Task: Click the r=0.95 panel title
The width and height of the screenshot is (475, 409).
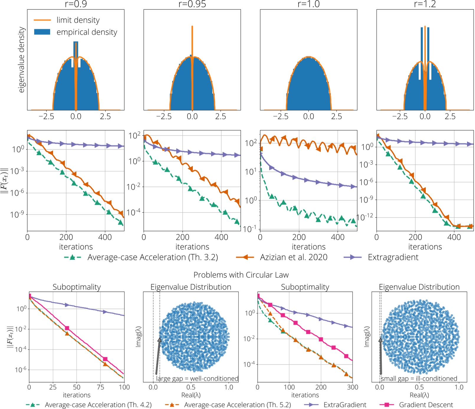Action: pos(192,4)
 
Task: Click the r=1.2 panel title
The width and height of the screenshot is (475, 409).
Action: pos(425,4)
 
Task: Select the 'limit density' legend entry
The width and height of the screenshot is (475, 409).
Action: pos(78,20)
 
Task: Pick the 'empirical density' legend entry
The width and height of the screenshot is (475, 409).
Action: pos(87,32)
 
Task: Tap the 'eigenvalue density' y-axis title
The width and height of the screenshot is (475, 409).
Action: pos(21,60)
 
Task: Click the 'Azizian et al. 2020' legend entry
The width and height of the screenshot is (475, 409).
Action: pos(293,257)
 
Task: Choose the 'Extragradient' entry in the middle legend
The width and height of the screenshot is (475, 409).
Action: pos(393,257)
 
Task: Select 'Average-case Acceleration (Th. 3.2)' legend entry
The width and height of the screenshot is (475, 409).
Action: pos(152,257)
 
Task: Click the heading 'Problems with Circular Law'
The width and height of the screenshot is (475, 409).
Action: pos(241,275)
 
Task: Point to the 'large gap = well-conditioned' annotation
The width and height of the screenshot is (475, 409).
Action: pos(197,378)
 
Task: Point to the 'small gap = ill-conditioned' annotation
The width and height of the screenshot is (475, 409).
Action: pos(419,378)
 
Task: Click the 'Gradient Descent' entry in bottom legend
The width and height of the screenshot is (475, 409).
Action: pos(426,405)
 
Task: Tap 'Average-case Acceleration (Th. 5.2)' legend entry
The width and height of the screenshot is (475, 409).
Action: pos(237,405)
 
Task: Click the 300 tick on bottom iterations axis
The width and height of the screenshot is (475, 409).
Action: pos(353,387)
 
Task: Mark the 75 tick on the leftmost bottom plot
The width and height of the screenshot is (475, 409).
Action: pos(101,387)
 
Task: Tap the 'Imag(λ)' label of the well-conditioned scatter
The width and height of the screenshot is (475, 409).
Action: pos(138,337)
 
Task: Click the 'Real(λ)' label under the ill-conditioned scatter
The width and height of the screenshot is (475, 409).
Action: pos(419,395)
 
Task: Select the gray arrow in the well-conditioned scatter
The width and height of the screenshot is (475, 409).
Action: pos(158,357)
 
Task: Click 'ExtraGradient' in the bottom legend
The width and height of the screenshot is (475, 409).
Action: pos(345,405)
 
